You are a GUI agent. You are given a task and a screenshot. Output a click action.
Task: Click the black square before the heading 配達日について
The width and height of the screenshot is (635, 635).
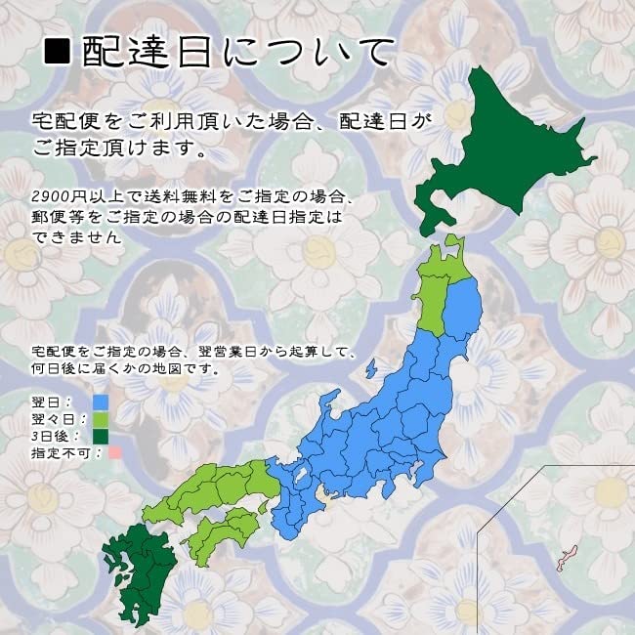pos(60,52)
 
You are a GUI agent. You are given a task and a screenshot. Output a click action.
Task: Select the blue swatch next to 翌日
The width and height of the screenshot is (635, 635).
pos(100,402)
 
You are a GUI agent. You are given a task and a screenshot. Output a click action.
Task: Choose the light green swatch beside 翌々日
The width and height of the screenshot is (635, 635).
pos(100,419)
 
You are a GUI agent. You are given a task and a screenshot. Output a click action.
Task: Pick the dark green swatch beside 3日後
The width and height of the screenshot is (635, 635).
pos(100,436)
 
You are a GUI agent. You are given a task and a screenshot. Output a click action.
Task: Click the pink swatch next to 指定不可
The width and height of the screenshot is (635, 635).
pos(114,452)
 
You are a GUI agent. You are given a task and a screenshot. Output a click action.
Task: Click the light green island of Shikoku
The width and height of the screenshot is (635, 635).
pos(225,532)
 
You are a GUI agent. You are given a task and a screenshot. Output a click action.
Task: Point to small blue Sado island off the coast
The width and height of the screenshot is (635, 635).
pos(371,369)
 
